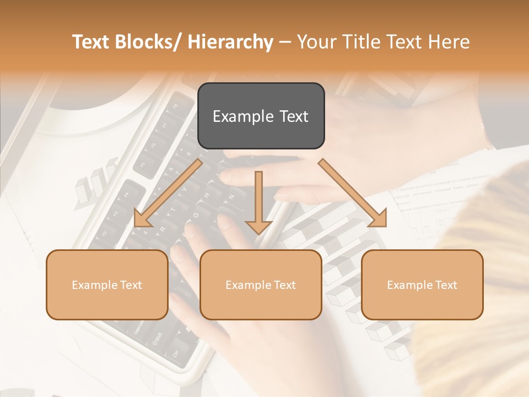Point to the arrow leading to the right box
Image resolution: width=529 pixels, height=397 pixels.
point(353,193)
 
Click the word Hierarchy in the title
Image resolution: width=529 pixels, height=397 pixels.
point(230,42)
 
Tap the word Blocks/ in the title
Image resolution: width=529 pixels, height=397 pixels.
point(147,42)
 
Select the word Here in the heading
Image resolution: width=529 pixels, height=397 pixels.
point(450,42)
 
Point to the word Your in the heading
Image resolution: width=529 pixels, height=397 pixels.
point(316,42)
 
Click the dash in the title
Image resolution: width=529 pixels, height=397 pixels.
point(285,42)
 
